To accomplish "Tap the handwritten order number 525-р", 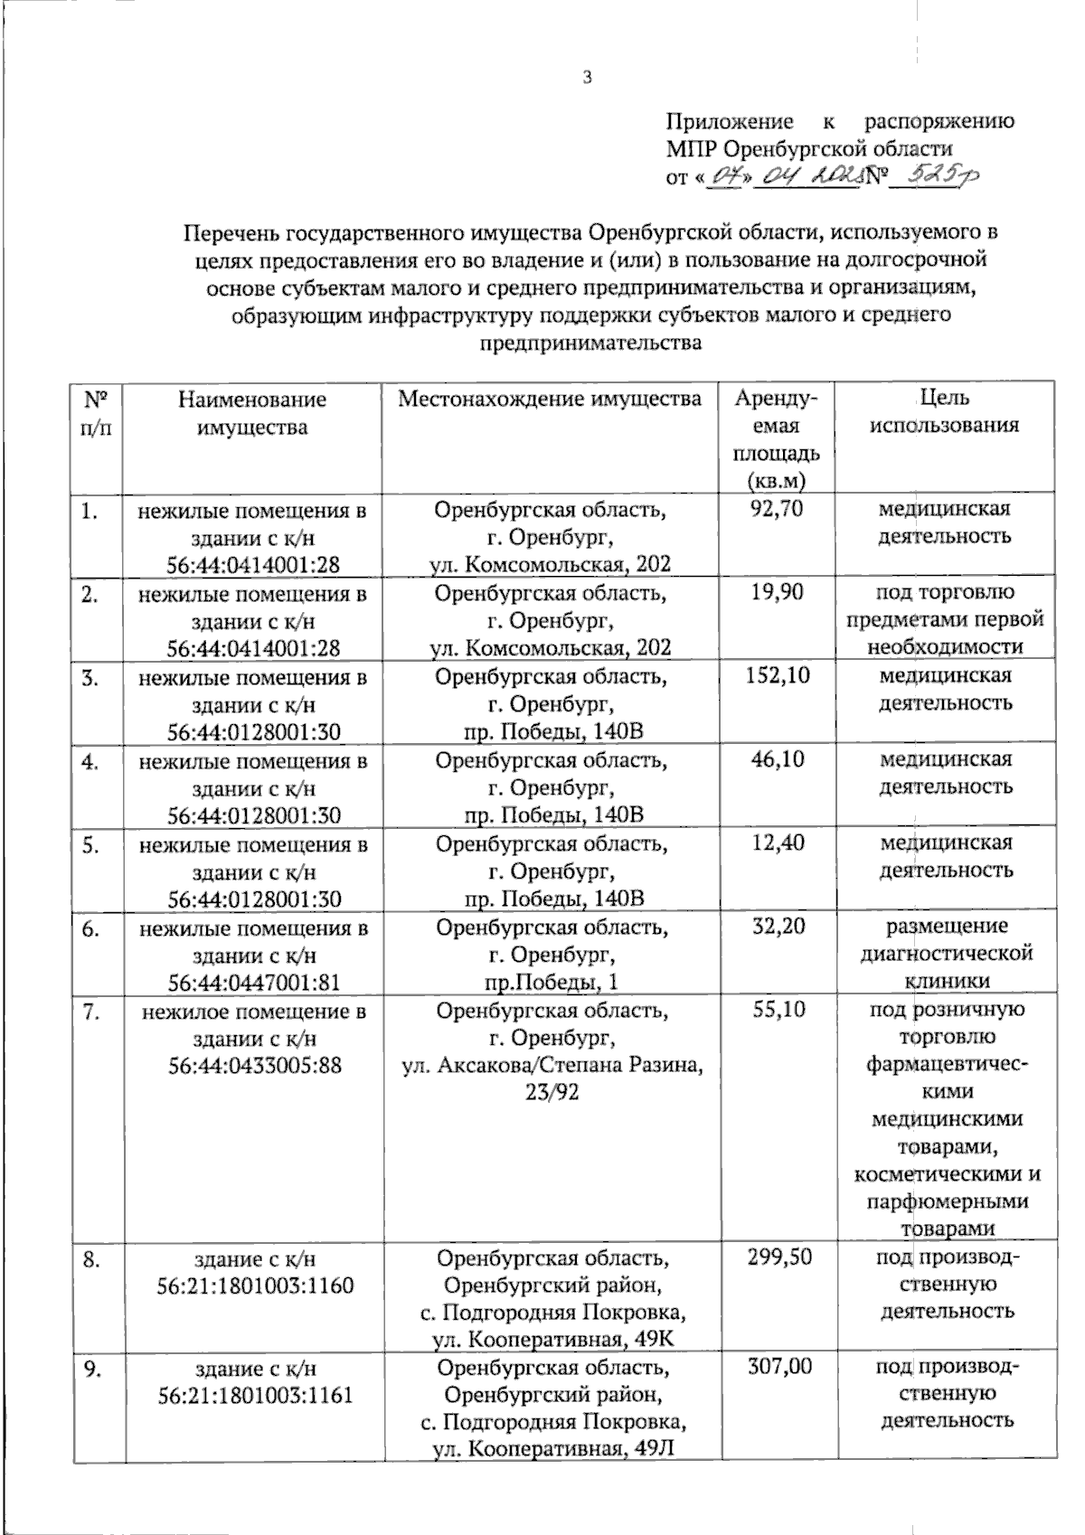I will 935,175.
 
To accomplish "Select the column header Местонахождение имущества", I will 551,399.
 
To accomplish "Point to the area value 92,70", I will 777,509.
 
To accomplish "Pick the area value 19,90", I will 777,592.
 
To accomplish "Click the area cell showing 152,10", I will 777,675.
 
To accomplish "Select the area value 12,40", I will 777,843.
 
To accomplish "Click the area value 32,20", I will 777,926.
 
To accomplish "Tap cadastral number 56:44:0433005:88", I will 254,1066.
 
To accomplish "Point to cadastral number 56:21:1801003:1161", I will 254,1396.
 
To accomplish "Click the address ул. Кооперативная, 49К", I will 552,1340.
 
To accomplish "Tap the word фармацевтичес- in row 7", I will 946,1064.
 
